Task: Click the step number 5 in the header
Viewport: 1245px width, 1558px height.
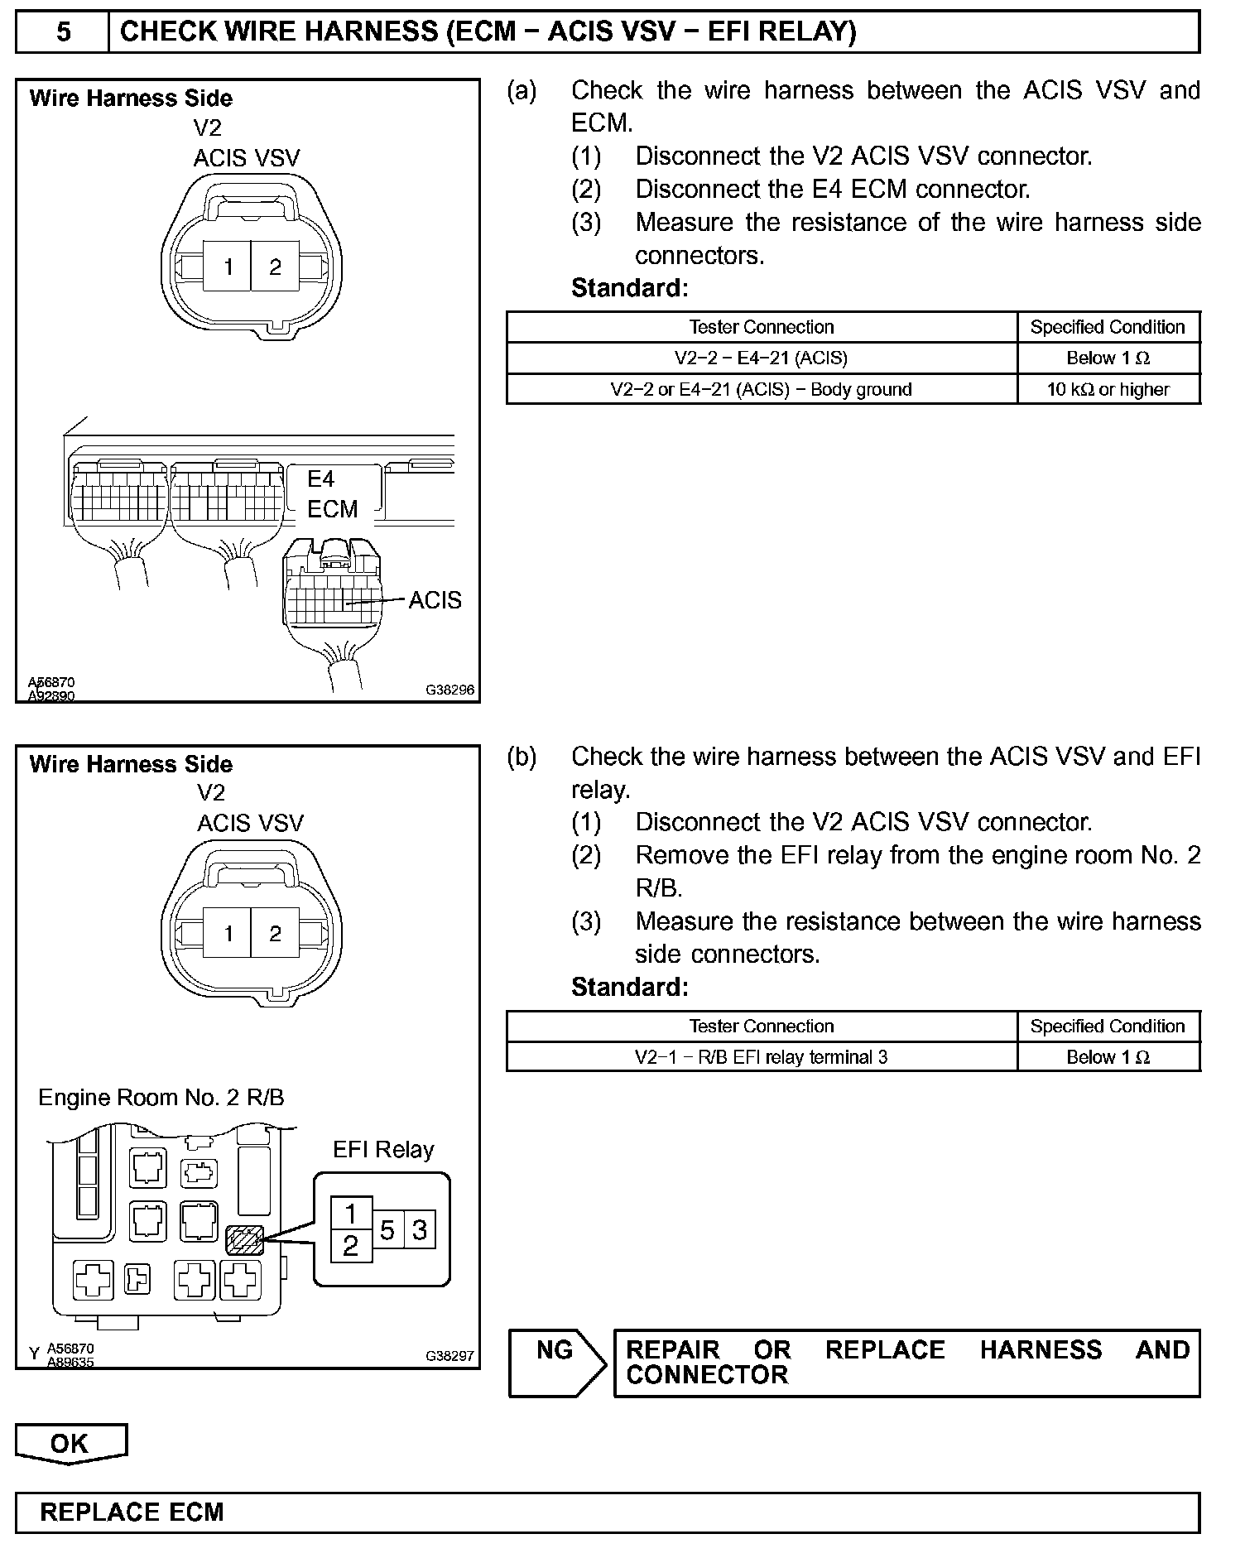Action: click(x=63, y=31)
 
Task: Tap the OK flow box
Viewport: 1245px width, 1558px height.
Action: click(x=70, y=1444)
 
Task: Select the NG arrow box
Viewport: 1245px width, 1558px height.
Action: click(x=557, y=1363)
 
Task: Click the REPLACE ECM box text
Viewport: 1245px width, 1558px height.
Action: click(x=132, y=1512)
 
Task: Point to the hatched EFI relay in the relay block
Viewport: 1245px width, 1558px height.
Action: click(x=244, y=1240)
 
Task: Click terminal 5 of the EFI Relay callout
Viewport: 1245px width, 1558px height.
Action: click(x=387, y=1231)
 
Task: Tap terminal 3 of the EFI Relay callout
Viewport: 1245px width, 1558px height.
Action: click(x=420, y=1231)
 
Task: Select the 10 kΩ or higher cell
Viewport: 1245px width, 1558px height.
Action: click(x=1108, y=389)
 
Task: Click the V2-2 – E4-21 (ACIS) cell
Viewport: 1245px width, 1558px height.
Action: click(x=762, y=358)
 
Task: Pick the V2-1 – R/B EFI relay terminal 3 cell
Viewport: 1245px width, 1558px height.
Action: click(x=762, y=1057)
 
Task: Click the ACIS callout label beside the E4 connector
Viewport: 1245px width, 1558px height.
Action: click(x=435, y=600)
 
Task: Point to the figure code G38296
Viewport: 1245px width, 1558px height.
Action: click(x=450, y=689)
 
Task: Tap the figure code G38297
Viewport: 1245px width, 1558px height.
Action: click(x=450, y=1355)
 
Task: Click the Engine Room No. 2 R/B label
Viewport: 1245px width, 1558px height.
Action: click(x=161, y=1098)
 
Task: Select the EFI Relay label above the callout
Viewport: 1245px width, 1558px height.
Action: click(x=383, y=1149)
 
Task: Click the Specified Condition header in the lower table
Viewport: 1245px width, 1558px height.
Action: click(x=1108, y=1027)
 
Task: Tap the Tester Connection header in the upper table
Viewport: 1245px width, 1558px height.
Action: click(x=762, y=327)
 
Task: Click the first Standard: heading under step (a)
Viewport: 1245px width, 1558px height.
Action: click(x=630, y=288)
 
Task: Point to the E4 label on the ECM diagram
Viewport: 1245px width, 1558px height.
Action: click(x=321, y=479)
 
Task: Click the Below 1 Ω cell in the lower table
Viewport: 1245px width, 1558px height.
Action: click(x=1108, y=1057)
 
